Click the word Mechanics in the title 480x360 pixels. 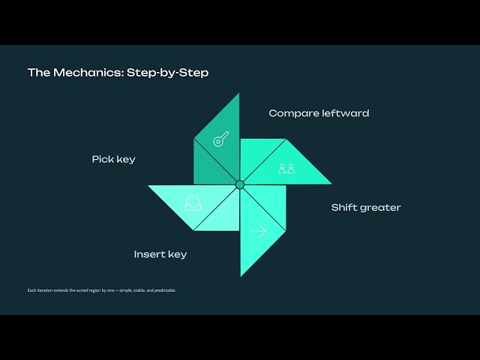click(88, 73)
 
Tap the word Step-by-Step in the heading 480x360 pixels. click(167, 73)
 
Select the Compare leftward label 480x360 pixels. click(319, 113)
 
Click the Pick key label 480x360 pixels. click(113, 160)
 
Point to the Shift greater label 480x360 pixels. click(366, 208)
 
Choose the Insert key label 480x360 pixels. click(160, 254)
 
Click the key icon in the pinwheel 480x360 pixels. click(221, 139)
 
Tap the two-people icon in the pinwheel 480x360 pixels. click(286, 169)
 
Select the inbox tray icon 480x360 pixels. click(193, 203)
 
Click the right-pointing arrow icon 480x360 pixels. click(259, 231)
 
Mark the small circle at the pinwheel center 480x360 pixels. click(240, 185)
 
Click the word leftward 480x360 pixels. click(344, 113)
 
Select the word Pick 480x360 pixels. click(102, 159)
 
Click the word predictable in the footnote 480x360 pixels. click(165, 290)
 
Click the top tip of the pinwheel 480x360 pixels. click(239, 93)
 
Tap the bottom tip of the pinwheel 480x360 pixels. click(241, 276)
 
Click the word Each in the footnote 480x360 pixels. click(31, 290)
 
